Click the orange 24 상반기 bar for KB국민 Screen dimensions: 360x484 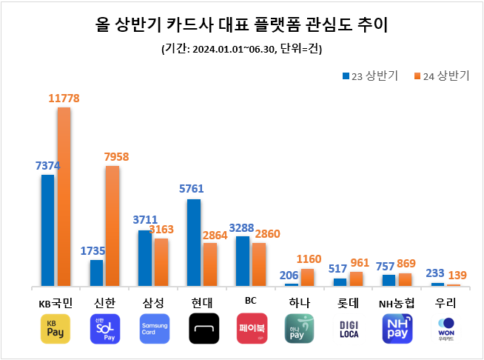tap(64, 196)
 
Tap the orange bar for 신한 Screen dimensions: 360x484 tap(112, 225)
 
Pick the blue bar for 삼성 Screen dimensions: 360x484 tap(145, 258)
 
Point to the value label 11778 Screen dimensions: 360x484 tap(64, 98)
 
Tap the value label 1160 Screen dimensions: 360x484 tap(309, 259)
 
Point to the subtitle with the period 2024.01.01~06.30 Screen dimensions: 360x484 tap(241, 50)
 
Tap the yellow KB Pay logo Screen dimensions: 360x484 tap(56, 329)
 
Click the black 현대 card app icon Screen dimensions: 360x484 tap(204, 329)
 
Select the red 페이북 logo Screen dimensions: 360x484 tap(252, 329)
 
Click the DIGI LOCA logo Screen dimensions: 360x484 tap(349, 329)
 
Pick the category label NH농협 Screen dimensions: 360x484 tap(397, 303)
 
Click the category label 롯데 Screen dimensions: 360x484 tap(349, 303)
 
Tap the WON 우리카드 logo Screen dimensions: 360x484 tap(446, 329)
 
